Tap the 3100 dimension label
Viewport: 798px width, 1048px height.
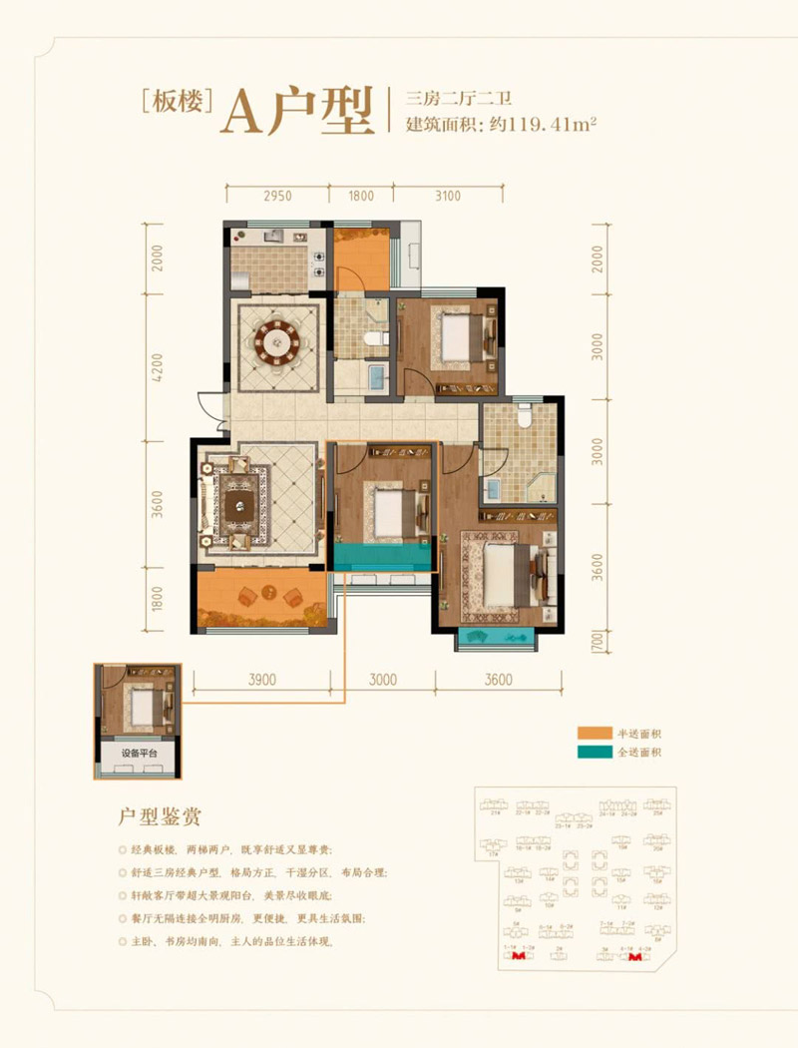[448, 196]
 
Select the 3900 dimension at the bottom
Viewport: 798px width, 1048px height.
[261, 680]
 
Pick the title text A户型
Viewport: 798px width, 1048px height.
[293, 110]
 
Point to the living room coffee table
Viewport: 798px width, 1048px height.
[240, 504]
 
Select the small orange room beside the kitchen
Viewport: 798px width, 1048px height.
[360, 260]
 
